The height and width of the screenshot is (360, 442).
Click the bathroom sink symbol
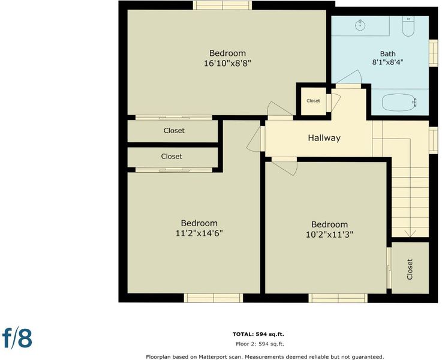tap(360, 25)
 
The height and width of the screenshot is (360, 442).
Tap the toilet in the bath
tap(408, 26)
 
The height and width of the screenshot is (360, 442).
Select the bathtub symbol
tap(399, 102)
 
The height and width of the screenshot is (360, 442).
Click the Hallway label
tap(324, 138)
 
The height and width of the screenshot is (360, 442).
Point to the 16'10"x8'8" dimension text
tap(227, 63)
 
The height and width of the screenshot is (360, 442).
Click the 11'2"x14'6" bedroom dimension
tap(199, 233)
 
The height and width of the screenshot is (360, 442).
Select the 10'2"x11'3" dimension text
tap(329, 235)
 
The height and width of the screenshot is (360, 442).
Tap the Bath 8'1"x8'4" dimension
tap(388, 62)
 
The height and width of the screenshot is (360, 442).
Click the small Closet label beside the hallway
tap(313, 101)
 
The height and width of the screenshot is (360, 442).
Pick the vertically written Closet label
tap(410, 269)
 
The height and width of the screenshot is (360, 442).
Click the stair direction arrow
tap(410, 234)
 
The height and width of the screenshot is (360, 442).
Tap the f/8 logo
tap(17, 337)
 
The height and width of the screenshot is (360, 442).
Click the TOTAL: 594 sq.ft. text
tap(258, 334)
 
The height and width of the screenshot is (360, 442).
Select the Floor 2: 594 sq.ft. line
tap(260, 344)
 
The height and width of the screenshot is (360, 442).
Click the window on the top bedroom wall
tap(222, 5)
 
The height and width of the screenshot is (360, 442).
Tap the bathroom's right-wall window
tap(433, 53)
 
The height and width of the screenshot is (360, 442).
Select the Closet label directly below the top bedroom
tap(174, 131)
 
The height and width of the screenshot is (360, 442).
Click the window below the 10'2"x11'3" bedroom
tap(338, 298)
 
